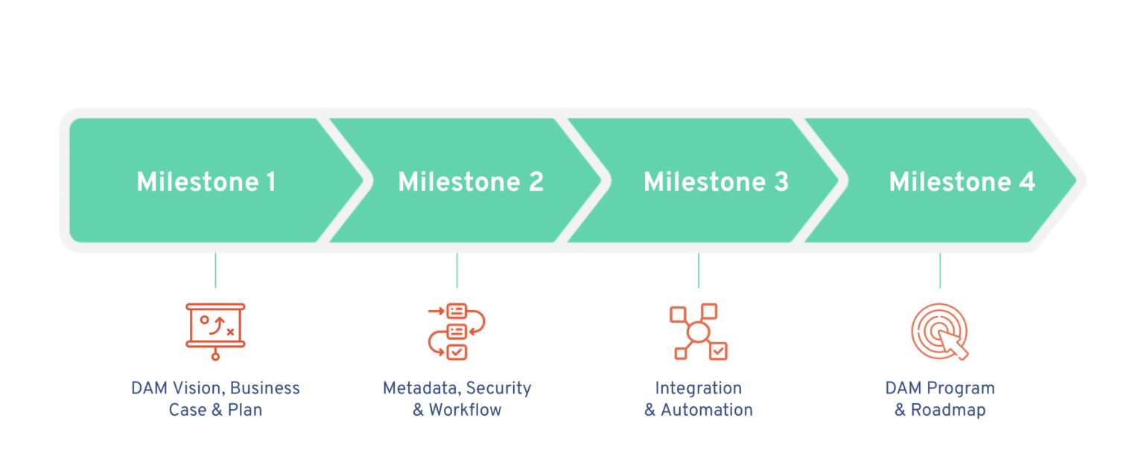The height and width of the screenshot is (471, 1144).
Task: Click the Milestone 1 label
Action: [206, 182]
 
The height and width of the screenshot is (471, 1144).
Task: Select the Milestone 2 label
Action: [471, 182]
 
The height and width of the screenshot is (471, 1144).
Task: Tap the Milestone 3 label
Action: [716, 182]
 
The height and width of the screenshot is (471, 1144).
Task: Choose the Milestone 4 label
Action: [962, 182]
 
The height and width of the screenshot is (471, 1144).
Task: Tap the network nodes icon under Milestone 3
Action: [698, 332]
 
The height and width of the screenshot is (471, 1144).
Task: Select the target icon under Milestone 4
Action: [939, 332]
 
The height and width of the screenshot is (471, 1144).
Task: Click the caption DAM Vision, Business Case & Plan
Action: [215, 399]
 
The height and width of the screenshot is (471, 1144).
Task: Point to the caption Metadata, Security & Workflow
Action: [457, 399]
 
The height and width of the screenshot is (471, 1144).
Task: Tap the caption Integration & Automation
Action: [698, 399]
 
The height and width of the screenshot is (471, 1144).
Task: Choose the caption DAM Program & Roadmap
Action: [940, 399]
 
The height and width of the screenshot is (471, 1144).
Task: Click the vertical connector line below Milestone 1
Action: [215, 270]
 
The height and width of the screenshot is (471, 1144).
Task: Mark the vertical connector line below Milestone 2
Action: [457, 270]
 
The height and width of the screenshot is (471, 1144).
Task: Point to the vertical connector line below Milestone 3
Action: [698, 270]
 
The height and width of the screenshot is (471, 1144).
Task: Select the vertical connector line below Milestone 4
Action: [939, 270]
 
